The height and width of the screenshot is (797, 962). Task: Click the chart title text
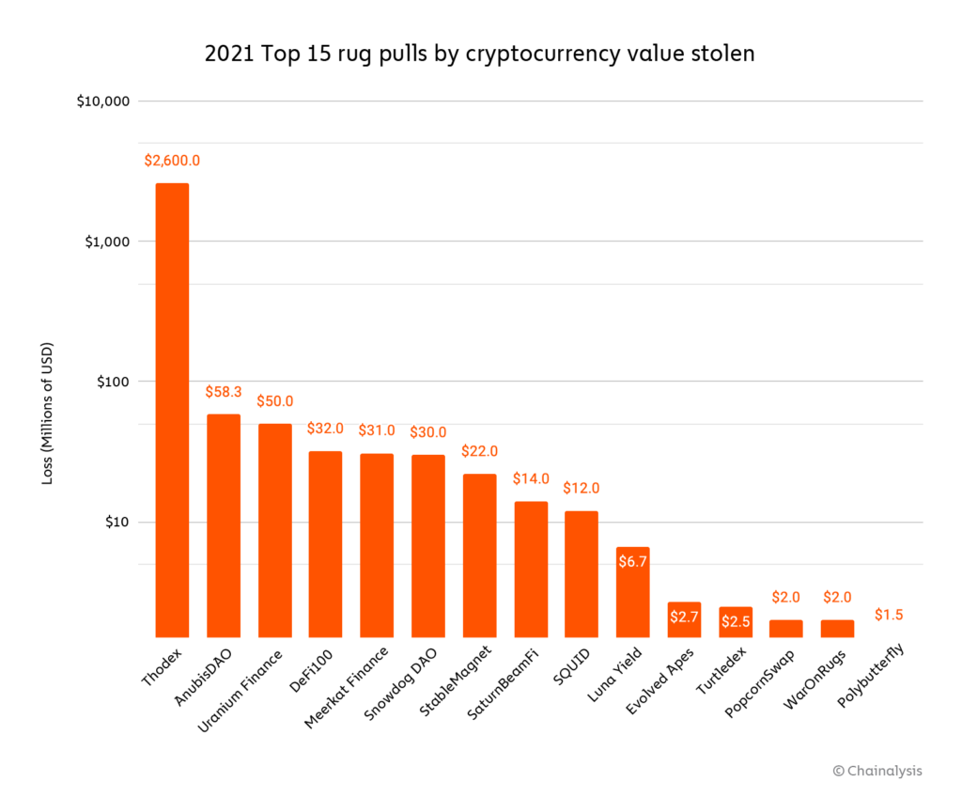click(479, 55)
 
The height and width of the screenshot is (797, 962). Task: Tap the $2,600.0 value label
click(172, 161)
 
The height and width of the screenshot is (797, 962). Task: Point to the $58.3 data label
click(224, 392)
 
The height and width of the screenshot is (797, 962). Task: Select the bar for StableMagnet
click(479, 555)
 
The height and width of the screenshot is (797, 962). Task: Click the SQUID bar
click(581, 573)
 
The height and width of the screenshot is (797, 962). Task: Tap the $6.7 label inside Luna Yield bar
click(632, 562)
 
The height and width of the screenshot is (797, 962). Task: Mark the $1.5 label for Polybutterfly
click(889, 615)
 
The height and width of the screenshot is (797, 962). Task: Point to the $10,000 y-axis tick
click(102, 101)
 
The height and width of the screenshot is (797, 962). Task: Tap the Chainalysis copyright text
click(877, 771)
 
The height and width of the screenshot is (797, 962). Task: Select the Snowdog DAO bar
click(427, 545)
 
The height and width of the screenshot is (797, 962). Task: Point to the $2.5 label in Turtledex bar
click(735, 621)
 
